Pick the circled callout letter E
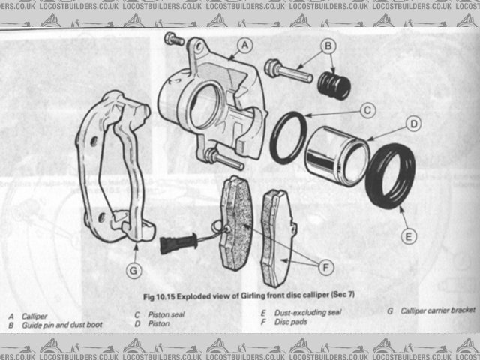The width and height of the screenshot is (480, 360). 407,237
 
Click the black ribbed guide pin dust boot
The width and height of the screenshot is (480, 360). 333,85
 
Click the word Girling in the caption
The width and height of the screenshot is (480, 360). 250,295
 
